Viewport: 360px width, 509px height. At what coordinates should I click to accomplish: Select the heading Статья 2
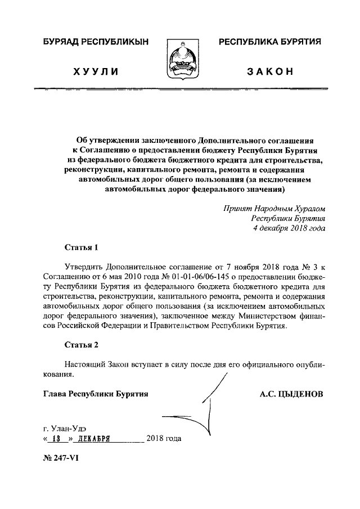point(81,344)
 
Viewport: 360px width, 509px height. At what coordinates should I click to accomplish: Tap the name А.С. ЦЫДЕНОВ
point(291,394)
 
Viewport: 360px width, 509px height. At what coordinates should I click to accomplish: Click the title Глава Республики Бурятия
point(96,394)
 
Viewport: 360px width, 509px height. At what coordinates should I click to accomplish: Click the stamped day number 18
point(56,439)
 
